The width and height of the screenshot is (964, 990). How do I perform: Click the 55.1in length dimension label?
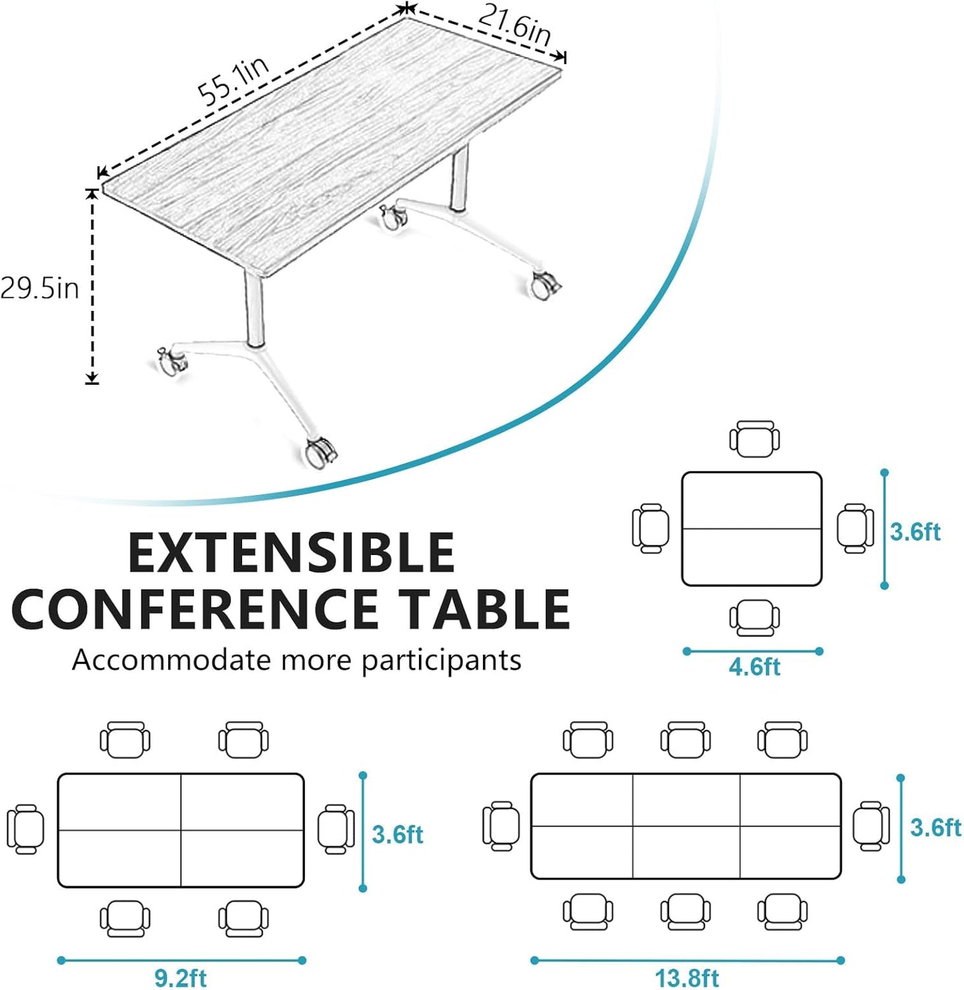click(233, 81)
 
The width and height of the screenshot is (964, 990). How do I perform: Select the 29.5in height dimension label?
click(39, 288)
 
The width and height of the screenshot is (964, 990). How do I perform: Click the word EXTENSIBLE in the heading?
click(291, 552)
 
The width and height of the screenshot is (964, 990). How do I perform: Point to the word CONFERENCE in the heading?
click(195, 609)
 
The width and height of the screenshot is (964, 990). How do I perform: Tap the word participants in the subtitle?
click(441, 660)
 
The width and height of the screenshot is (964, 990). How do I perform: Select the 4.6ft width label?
click(754, 666)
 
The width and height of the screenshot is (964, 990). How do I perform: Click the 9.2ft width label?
click(180, 977)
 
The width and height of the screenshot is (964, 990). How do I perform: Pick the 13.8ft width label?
click(686, 977)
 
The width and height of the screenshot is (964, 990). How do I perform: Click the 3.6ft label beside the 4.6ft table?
click(915, 532)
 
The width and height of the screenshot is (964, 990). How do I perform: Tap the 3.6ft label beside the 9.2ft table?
click(398, 835)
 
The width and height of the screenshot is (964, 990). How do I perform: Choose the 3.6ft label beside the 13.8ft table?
click(935, 827)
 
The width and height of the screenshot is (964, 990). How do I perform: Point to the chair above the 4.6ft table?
click(754, 439)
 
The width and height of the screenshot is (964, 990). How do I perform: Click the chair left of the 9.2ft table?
click(25, 829)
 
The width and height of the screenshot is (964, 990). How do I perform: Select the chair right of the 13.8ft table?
click(871, 826)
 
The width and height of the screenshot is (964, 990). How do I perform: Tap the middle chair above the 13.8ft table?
click(685, 740)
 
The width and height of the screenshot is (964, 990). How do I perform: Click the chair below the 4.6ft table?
click(754, 618)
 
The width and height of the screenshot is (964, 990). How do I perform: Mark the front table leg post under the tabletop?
click(253, 310)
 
